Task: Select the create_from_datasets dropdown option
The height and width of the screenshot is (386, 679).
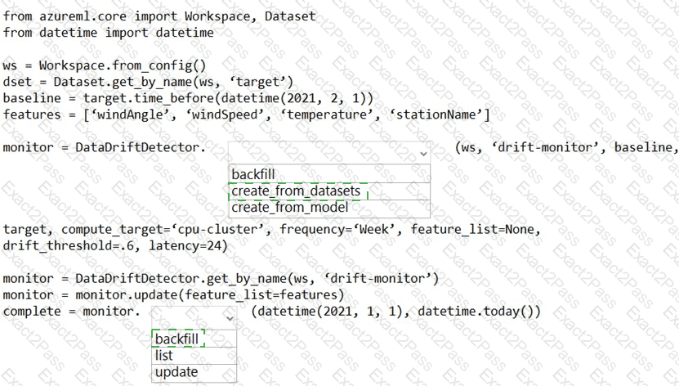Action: pos(296,191)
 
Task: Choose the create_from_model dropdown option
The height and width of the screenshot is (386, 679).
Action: pos(289,208)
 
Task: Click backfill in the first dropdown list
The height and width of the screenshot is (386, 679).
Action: pos(253,174)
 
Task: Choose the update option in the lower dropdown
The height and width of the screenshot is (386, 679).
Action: pos(176,372)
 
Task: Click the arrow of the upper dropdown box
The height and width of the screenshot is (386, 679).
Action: pos(422,153)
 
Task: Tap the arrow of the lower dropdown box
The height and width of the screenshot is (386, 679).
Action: pos(229,316)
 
